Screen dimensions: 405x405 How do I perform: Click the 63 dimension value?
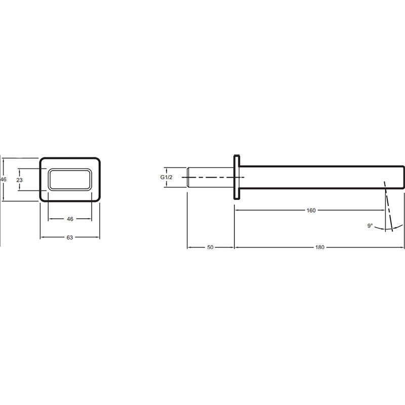tap(70, 237)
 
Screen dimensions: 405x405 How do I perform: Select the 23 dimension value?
tap(20, 180)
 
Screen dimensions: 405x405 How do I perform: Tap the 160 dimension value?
tap(311, 210)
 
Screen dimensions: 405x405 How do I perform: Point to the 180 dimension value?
tap(320, 247)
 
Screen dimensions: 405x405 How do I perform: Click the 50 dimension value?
tap(210, 247)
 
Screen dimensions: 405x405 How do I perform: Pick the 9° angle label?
tap(370, 226)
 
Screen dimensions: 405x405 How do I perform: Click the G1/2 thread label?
tap(167, 177)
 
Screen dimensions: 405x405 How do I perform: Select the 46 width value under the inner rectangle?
tap(70, 219)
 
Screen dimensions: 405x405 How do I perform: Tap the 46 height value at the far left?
tap(4, 179)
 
